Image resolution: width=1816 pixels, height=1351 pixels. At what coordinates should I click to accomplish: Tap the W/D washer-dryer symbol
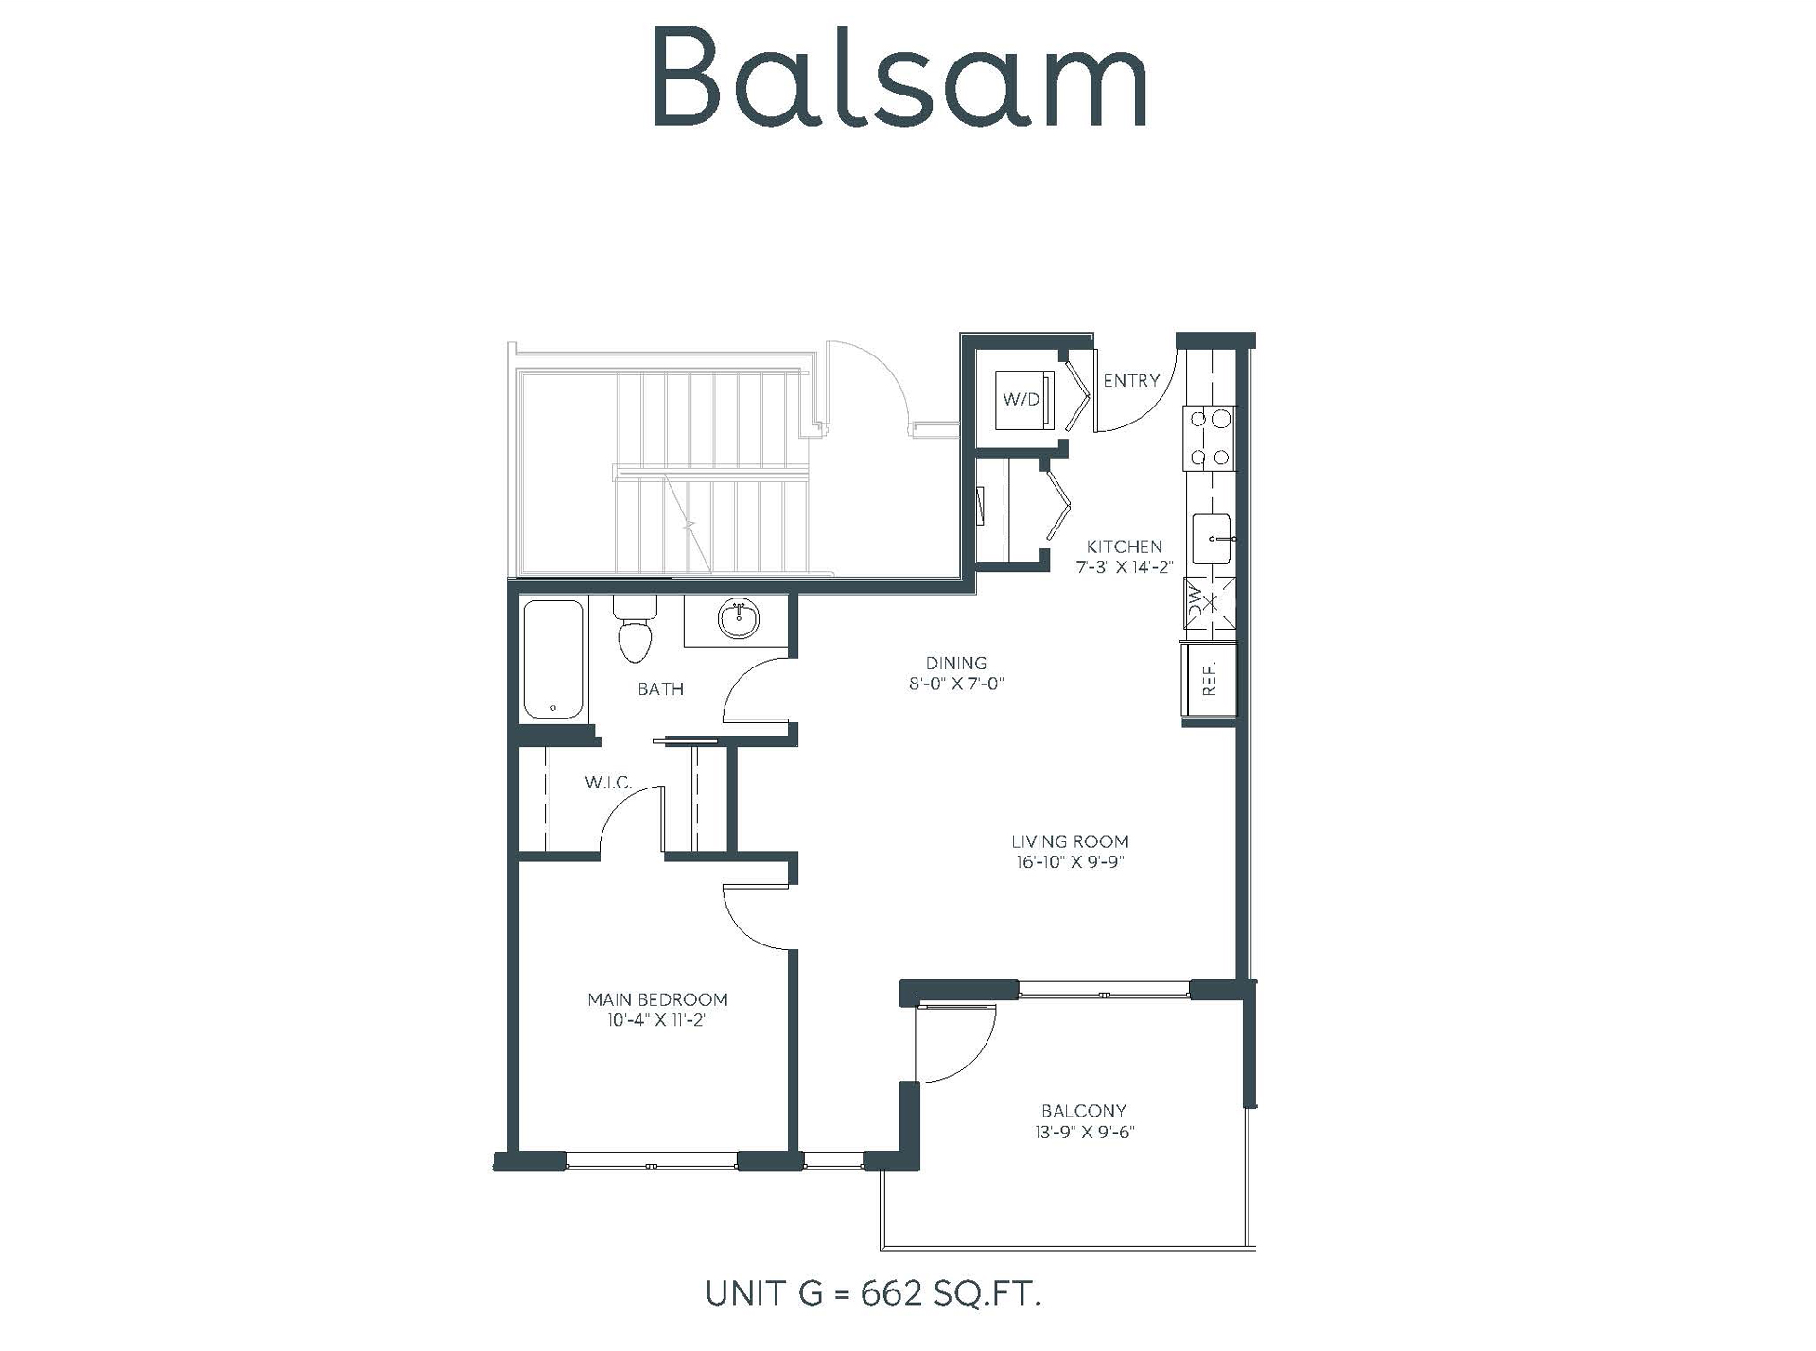click(x=1023, y=399)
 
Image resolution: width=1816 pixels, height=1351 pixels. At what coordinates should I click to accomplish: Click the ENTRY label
click(x=1131, y=380)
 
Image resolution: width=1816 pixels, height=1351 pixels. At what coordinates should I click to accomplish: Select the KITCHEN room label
click(x=1124, y=546)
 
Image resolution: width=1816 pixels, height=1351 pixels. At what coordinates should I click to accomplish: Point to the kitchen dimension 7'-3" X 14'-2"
click(x=1124, y=567)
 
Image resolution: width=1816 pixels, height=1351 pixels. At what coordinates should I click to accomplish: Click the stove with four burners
click(x=1209, y=438)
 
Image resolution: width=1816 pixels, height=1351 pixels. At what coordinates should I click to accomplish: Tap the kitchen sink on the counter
click(x=1211, y=539)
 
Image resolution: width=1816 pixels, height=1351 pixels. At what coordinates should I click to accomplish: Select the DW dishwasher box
click(x=1209, y=603)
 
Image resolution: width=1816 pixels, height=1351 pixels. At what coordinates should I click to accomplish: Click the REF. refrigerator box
click(x=1210, y=679)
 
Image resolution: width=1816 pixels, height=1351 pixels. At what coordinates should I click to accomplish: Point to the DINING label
click(x=955, y=663)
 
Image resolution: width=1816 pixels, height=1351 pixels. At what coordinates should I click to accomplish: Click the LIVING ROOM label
click(x=1070, y=840)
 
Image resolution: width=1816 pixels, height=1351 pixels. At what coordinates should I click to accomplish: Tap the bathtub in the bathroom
click(x=553, y=659)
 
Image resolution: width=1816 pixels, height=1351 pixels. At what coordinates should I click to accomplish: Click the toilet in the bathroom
click(x=635, y=629)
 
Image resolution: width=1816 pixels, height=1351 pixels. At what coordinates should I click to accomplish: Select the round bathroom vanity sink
click(x=738, y=619)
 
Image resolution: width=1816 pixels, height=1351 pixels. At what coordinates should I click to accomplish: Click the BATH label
click(x=660, y=688)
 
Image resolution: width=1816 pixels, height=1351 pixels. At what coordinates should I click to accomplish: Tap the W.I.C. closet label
click(x=608, y=782)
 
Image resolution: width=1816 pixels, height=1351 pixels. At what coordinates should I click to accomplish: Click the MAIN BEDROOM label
click(x=657, y=999)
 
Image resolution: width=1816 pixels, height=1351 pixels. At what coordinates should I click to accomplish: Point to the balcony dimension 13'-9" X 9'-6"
click(x=1084, y=1132)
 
